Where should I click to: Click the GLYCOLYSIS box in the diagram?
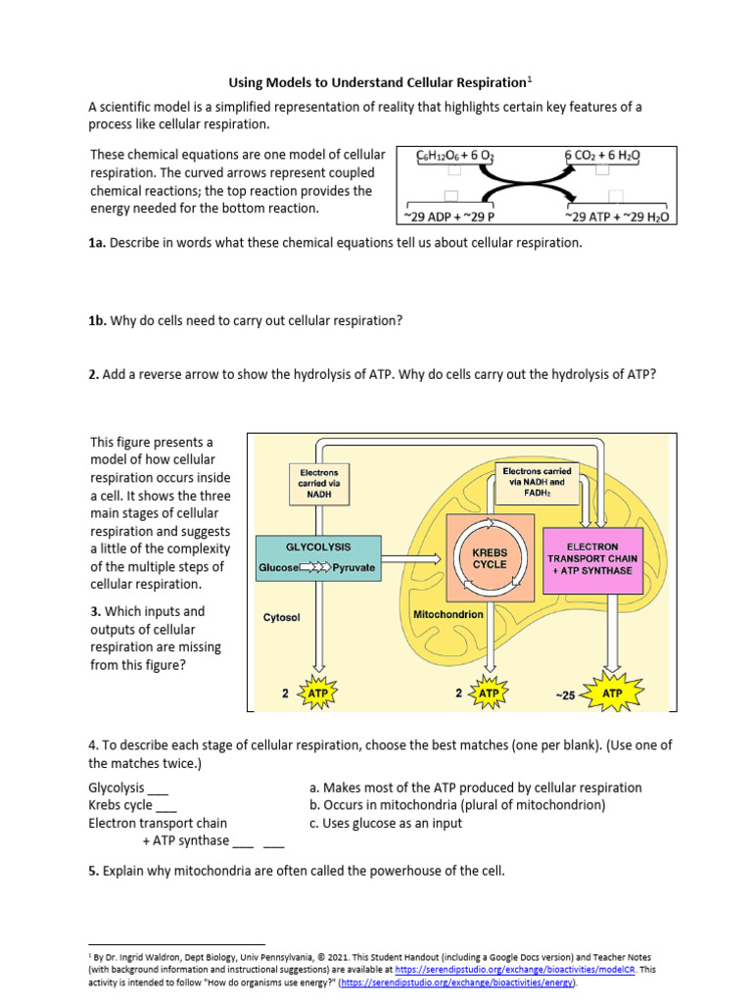[x=317, y=557]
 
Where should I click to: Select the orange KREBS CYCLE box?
[x=490, y=557]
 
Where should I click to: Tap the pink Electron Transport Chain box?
[x=603, y=558]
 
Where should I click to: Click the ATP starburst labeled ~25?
[x=612, y=694]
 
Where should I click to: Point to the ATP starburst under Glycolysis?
[x=317, y=693]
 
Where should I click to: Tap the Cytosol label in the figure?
[x=282, y=618]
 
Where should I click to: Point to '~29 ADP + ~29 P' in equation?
[x=449, y=216]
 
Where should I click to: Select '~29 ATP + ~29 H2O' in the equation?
[x=617, y=216]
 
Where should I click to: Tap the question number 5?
[x=93, y=870]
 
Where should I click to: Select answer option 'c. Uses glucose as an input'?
[x=385, y=823]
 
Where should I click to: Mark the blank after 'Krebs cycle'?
[x=166, y=805]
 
